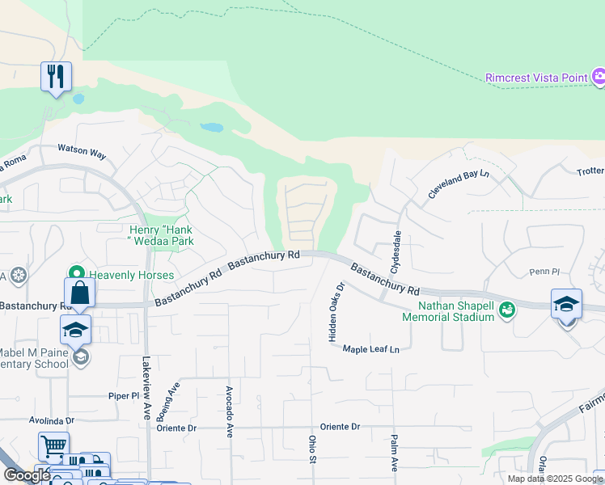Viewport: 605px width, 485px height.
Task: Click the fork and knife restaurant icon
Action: (56, 77)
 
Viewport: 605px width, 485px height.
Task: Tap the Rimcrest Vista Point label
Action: (536, 78)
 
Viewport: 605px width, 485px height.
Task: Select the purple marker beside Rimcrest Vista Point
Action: (598, 78)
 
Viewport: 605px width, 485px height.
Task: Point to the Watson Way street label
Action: (82, 151)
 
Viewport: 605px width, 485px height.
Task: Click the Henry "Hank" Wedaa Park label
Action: (161, 235)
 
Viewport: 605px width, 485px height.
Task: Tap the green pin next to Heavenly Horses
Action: (78, 275)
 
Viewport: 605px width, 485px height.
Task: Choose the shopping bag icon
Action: (80, 293)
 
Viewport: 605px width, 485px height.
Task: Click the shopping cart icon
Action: (53, 445)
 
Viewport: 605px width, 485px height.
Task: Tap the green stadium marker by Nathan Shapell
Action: (506, 310)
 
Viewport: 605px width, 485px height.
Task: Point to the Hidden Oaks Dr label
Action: (336, 312)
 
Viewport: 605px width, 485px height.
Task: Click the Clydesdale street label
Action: (396, 250)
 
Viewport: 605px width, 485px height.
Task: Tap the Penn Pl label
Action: (544, 272)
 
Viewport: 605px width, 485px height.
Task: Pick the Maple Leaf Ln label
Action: (371, 349)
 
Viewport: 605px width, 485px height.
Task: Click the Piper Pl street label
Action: (125, 396)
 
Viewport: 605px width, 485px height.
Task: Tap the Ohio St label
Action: (312, 449)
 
